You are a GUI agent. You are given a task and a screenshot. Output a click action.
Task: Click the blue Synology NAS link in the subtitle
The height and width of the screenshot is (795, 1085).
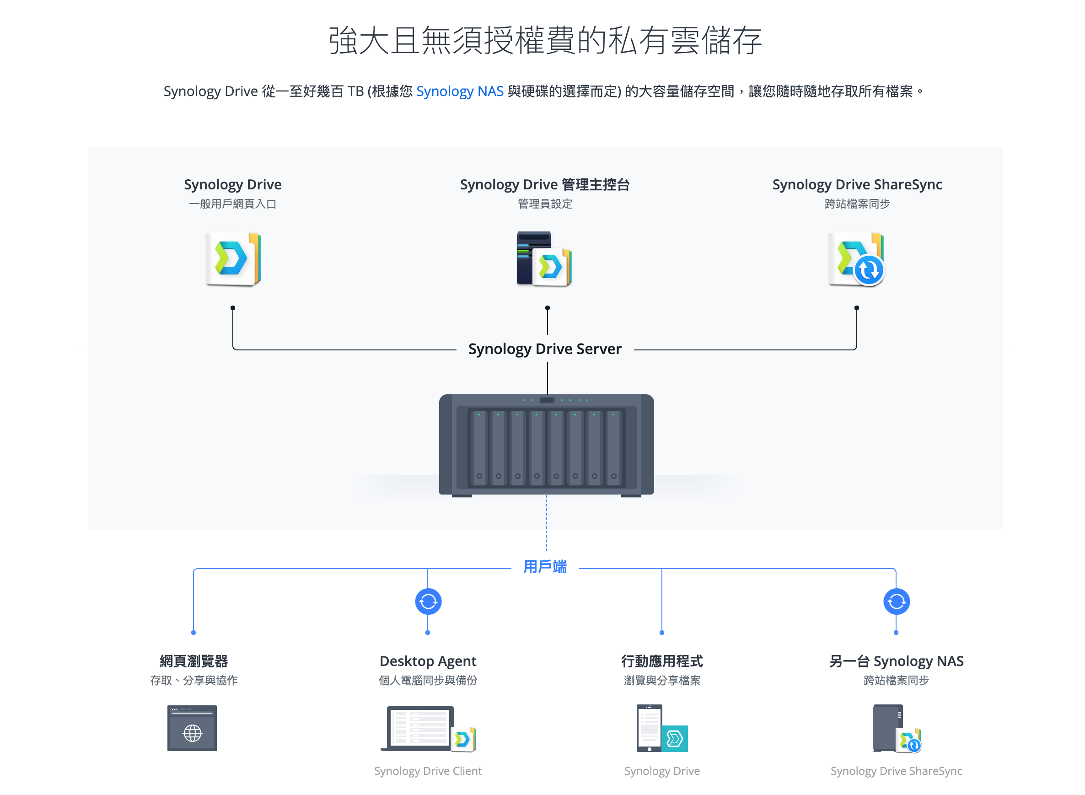[x=460, y=91]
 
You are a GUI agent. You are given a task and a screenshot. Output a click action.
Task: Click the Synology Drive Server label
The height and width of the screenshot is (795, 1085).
[x=545, y=349]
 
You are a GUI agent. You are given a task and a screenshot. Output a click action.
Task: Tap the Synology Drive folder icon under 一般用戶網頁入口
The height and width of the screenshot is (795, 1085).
[x=233, y=259]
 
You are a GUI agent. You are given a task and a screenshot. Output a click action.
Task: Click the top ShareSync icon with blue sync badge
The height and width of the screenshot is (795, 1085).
[x=856, y=259]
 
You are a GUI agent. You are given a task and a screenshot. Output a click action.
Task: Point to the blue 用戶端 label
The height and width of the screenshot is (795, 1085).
[x=545, y=567]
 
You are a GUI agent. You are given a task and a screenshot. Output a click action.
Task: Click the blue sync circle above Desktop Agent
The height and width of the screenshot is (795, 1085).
[x=428, y=602]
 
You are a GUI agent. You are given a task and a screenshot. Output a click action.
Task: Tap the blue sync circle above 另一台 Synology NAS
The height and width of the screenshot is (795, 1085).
[x=896, y=602]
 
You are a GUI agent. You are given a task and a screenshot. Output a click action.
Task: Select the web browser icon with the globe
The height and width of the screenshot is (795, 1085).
[x=192, y=728]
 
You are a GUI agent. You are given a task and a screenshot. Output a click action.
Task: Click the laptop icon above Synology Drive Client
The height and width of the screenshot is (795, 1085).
[x=419, y=728]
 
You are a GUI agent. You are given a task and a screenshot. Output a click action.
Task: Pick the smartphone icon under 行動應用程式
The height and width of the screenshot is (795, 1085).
[x=650, y=728]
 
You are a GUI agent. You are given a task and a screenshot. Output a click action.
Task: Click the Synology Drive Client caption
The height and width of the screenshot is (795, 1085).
[x=428, y=771]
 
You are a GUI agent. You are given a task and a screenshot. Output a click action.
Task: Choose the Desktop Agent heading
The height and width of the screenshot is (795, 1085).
[x=428, y=661]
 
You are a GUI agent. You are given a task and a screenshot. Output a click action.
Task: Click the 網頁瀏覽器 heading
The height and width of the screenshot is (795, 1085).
[x=193, y=661]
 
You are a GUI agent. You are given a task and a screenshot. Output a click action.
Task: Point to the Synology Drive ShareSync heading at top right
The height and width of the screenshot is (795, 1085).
[x=857, y=184]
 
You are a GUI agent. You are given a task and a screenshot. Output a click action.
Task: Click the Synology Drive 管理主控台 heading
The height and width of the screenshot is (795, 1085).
[x=545, y=184]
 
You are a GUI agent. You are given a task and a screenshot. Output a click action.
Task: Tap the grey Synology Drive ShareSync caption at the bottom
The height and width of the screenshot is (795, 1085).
[x=896, y=771]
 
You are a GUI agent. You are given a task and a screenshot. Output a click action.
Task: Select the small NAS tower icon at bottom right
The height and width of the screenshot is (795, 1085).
[x=888, y=728]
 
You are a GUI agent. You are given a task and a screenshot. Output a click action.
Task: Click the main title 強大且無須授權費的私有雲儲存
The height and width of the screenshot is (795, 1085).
[x=545, y=40]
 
